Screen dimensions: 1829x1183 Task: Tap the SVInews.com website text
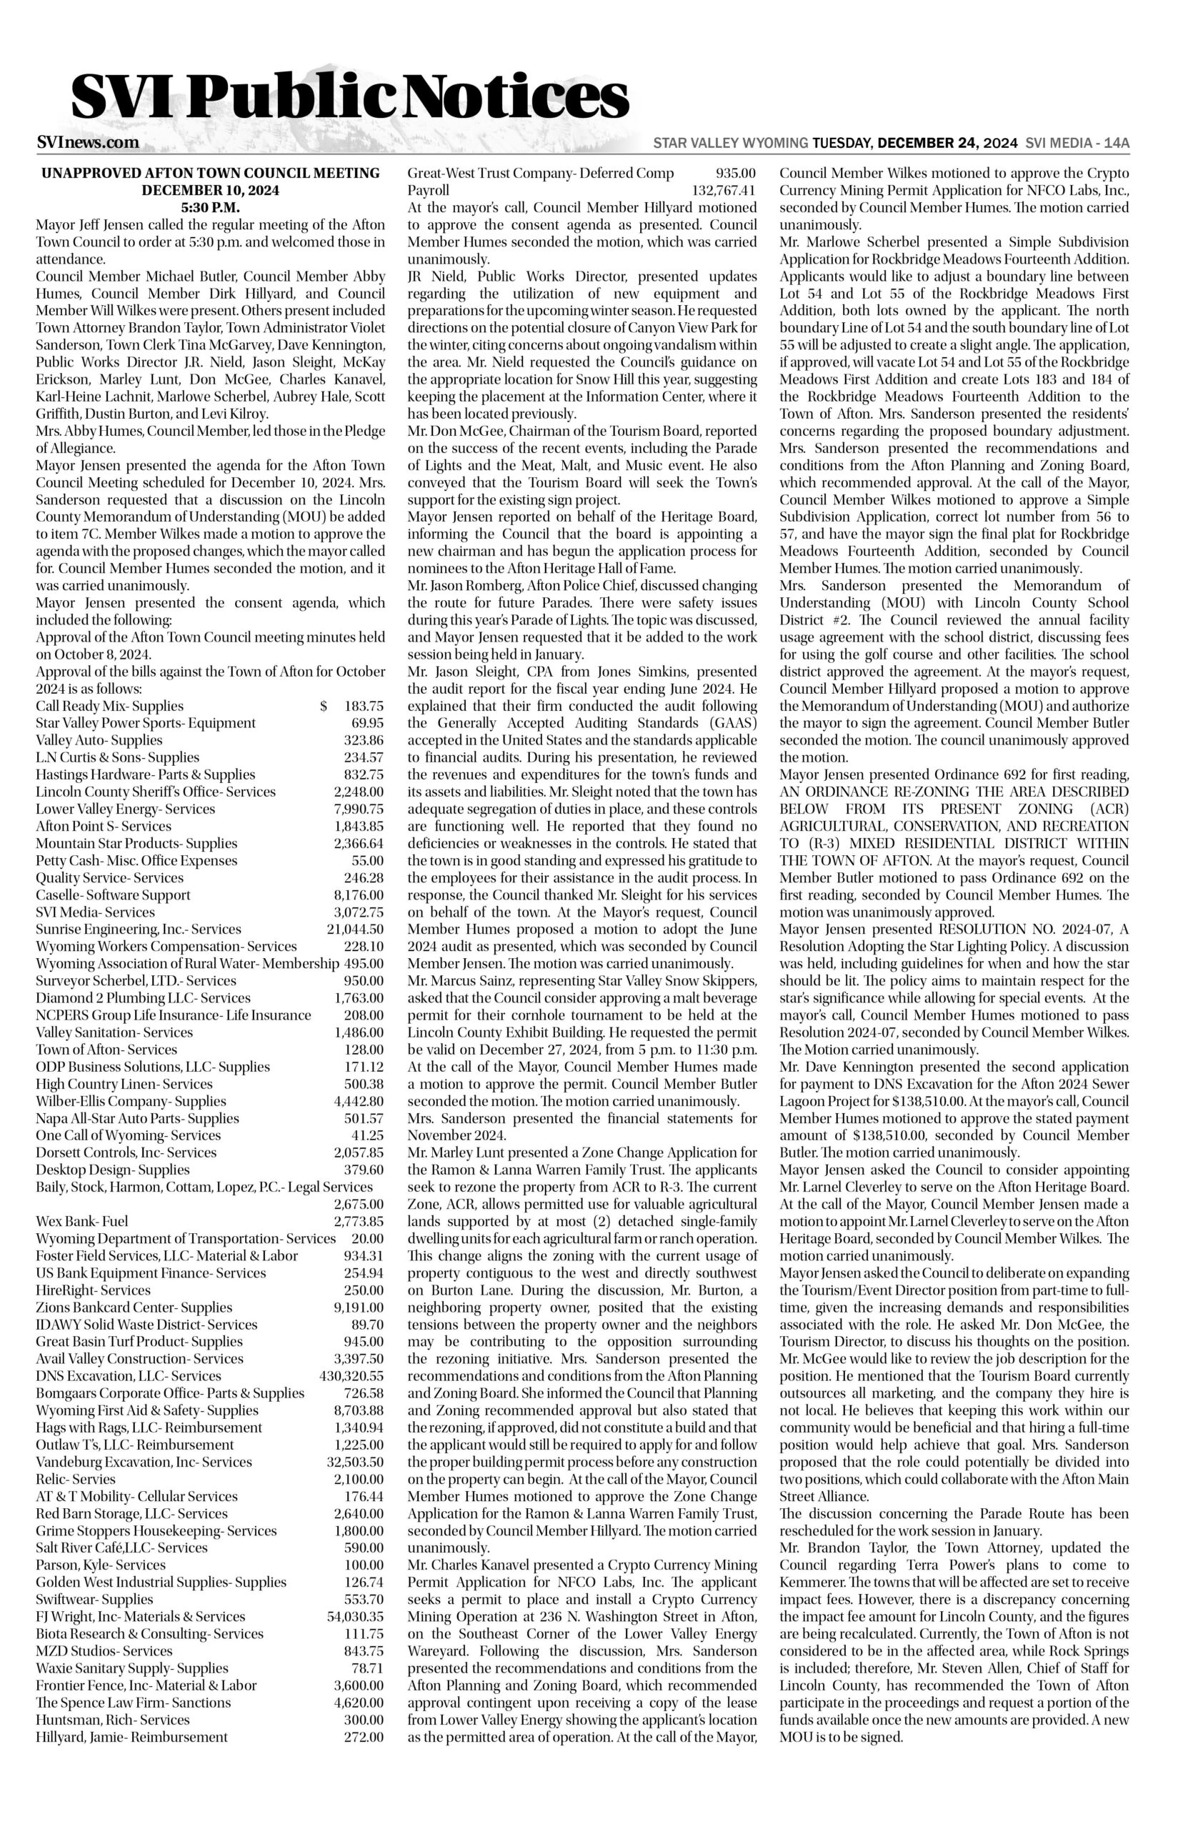click(88, 143)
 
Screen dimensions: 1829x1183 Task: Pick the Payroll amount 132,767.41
click(724, 191)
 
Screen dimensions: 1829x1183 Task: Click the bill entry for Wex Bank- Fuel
click(82, 1222)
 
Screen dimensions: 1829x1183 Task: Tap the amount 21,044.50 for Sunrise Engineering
click(355, 930)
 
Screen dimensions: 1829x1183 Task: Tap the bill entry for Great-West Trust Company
click(540, 173)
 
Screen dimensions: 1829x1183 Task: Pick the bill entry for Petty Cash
click(136, 861)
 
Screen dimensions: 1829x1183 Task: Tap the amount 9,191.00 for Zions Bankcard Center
click(359, 1307)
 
